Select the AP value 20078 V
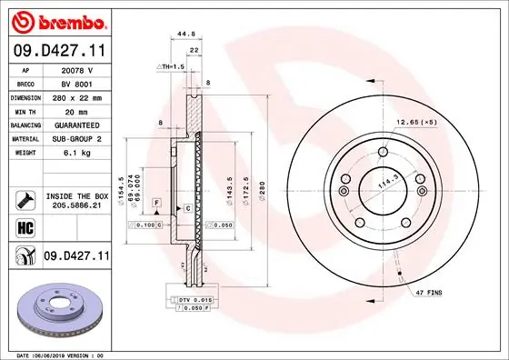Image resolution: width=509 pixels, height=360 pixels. pyautogui.click(x=76, y=70)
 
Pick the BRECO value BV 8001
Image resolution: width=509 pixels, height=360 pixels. pyautogui.click(x=76, y=83)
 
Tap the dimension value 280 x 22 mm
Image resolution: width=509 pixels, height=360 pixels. pyautogui.click(x=76, y=96)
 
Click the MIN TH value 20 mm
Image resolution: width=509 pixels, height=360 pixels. pyautogui.click(x=76, y=110)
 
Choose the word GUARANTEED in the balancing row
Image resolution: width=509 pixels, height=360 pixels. pyautogui.click(x=76, y=124)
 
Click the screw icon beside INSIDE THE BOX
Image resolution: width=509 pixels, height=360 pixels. pyautogui.click(x=24, y=199)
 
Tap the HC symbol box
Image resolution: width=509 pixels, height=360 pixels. pyautogui.click(x=24, y=228)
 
